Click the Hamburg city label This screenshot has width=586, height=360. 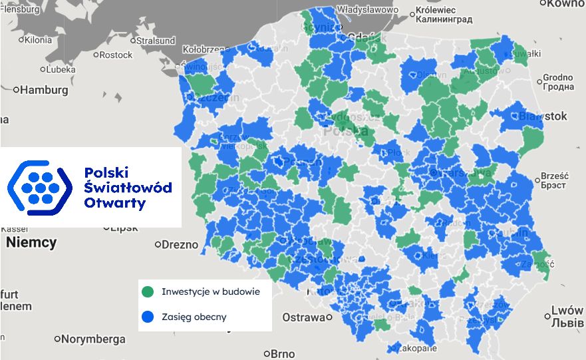coord(44,90)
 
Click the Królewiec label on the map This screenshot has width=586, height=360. coord(434,11)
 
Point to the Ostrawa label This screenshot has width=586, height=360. coord(303,317)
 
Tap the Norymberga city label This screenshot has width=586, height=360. coord(94,339)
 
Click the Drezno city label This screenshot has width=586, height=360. coord(180,244)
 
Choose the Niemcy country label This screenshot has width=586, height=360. coord(31,242)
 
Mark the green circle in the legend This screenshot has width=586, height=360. coord(147,291)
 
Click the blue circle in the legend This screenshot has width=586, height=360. coord(147,317)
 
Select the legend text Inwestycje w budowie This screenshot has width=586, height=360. coord(206,291)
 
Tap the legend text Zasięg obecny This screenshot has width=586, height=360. coord(194,317)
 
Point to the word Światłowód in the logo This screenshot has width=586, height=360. coord(128,188)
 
